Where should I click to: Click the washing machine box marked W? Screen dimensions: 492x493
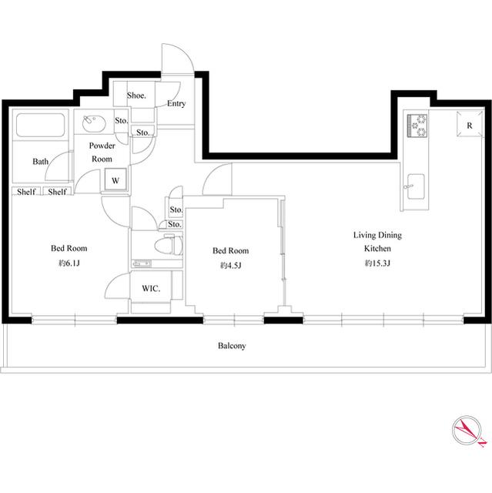pyautogui.click(x=115, y=179)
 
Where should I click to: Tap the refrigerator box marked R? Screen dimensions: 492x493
pyautogui.click(x=470, y=124)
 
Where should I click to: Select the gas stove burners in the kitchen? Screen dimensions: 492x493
pyautogui.click(x=417, y=126)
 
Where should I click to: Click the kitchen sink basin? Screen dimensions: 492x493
pyautogui.click(x=415, y=186)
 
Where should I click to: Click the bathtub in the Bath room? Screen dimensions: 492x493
pyautogui.click(x=41, y=125)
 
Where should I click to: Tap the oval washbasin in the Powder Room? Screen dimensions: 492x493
pyautogui.click(x=94, y=123)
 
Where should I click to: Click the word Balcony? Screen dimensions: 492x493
pyautogui.click(x=232, y=346)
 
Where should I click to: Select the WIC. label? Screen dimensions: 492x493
pyautogui.click(x=151, y=288)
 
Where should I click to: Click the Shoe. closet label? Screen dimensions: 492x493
pyautogui.click(x=136, y=96)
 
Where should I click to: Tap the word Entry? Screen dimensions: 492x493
pyautogui.click(x=176, y=103)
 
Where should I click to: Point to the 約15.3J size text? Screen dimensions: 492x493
pyautogui.click(x=377, y=263)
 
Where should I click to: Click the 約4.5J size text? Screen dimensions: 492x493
pyautogui.click(x=231, y=266)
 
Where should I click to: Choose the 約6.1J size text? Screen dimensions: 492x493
pyautogui.click(x=69, y=263)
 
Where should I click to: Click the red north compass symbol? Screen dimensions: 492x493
pyautogui.click(x=467, y=431)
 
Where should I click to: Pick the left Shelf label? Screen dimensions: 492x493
pyautogui.click(x=26, y=192)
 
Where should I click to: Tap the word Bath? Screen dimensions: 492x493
pyautogui.click(x=41, y=162)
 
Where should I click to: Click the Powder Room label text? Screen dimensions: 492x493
pyautogui.click(x=102, y=153)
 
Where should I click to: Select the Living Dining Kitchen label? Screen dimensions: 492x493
pyautogui.click(x=377, y=241)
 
